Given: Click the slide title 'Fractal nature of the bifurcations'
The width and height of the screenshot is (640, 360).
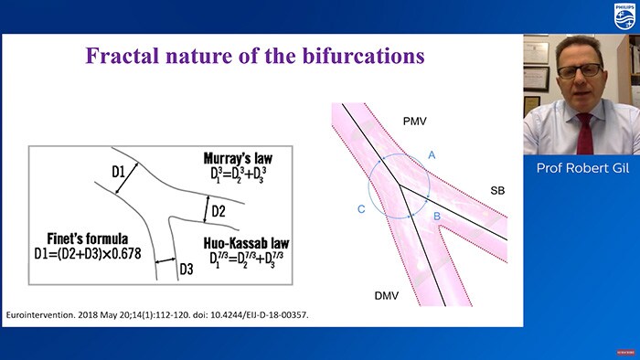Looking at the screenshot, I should click(255, 56).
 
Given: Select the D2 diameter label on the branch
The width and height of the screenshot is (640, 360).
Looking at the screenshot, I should click(219, 212).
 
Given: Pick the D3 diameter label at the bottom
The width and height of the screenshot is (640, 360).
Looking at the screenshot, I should click(186, 270).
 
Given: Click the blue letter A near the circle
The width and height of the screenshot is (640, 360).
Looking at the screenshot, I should click(433, 156).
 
